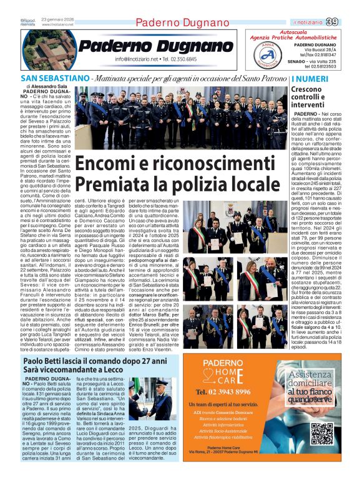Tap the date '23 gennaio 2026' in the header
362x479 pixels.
(57, 20)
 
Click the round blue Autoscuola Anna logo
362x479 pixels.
(267, 54)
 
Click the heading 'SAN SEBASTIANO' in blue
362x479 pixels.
(53, 79)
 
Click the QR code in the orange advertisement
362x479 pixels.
(321, 433)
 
